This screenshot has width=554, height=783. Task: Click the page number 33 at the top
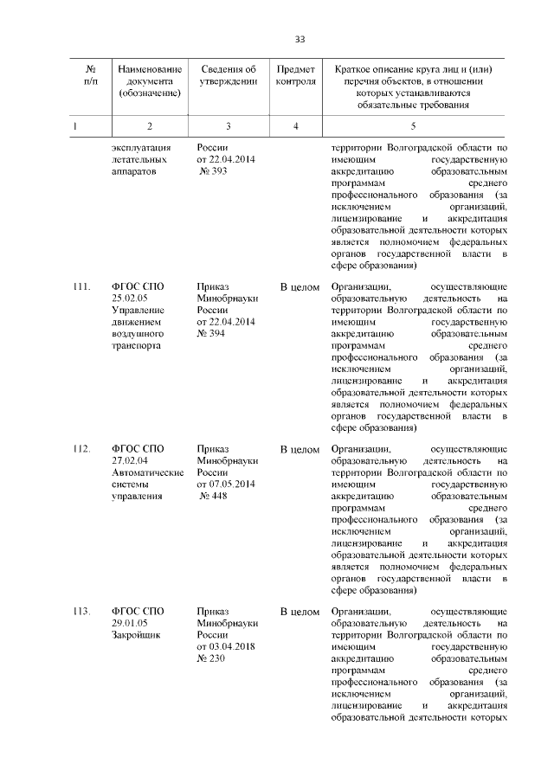click(300, 39)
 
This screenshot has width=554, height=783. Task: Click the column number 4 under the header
click(296, 127)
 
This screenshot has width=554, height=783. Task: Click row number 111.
click(82, 286)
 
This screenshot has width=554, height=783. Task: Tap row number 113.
click(82, 612)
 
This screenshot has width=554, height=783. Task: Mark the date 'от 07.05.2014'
click(226, 484)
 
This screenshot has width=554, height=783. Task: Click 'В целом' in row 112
click(300, 450)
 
